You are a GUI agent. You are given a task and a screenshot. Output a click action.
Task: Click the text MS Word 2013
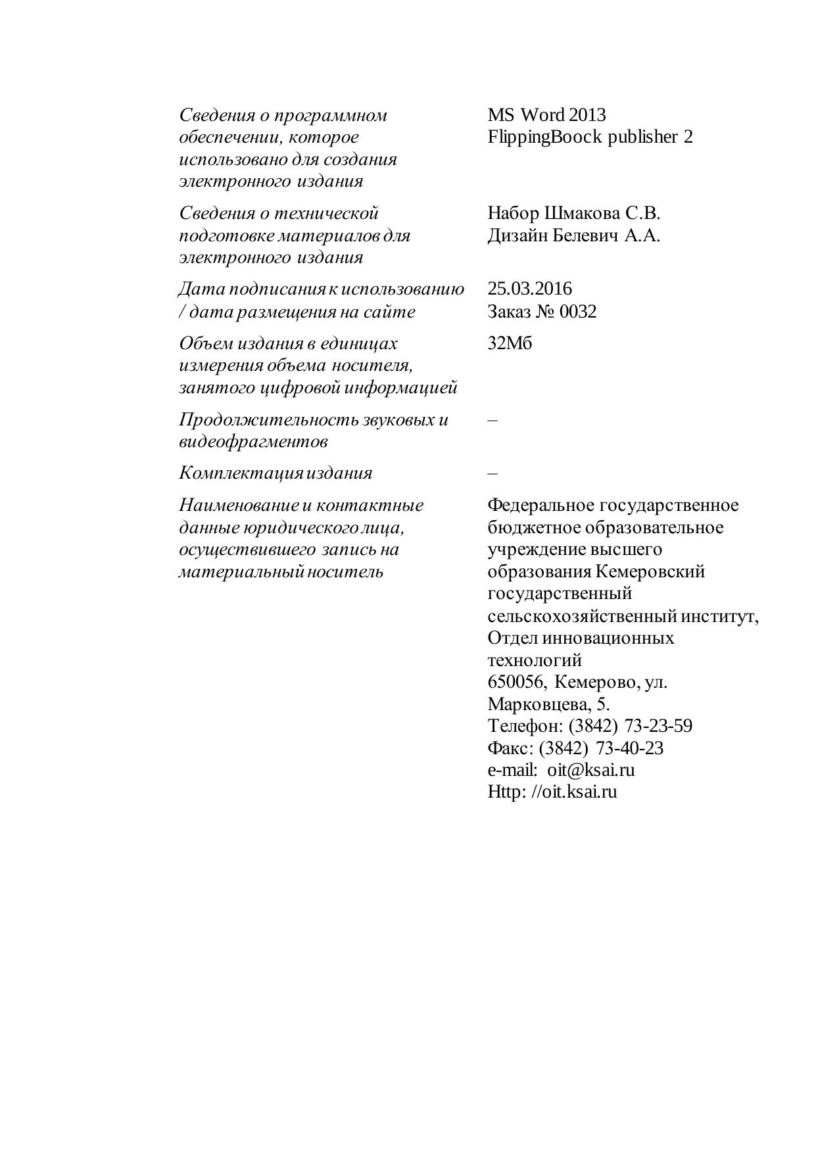pos(546,115)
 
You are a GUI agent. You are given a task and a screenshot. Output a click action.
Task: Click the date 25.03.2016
pos(529,289)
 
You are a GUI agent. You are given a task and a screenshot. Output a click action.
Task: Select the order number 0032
pos(578,311)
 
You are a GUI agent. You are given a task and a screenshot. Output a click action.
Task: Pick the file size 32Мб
pos(510,343)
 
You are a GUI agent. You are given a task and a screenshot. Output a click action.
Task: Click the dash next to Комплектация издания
pos(493,473)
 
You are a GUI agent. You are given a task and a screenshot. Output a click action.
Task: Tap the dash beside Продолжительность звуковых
pos(493,420)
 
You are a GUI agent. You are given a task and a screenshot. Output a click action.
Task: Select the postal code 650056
pos(516,682)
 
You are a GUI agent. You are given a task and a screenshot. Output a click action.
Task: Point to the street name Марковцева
pos(539,704)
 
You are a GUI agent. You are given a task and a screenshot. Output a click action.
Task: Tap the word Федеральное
pos(539,505)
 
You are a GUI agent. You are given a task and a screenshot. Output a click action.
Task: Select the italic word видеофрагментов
pos(253,441)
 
